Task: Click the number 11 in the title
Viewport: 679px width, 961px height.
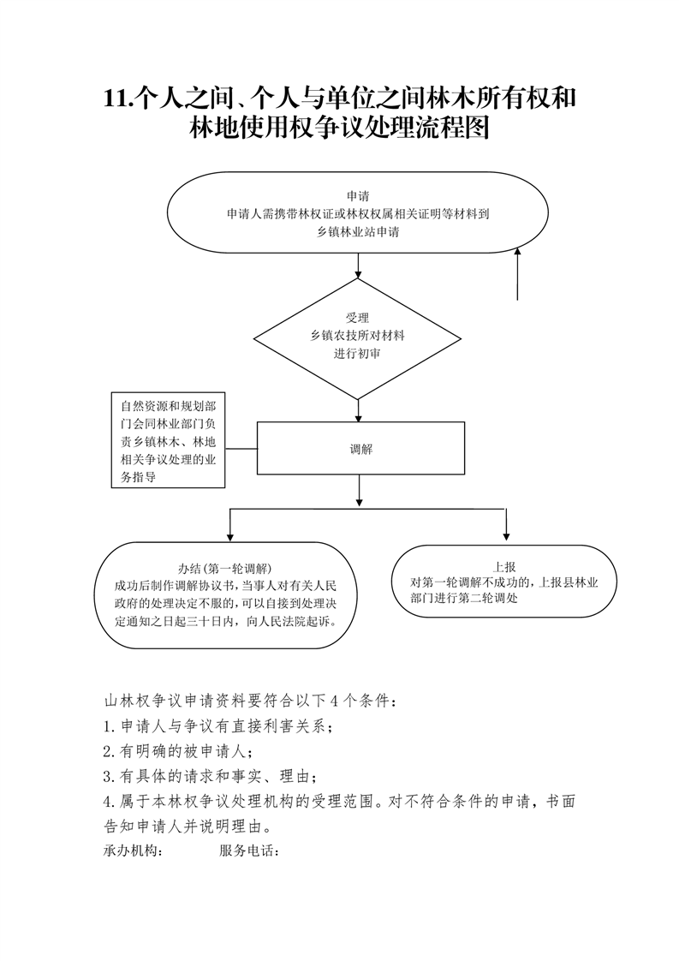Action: pyautogui.click(x=116, y=98)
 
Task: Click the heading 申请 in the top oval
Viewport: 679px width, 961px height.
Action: pyautogui.click(x=358, y=196)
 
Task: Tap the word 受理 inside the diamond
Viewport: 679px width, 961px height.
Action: pyautogui.click(x=357, y=318)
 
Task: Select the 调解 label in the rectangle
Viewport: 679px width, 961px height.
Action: pyautogui.click(x=361, y=449)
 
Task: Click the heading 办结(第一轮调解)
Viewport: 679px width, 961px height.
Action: pyautogui.click(x=224, y=568)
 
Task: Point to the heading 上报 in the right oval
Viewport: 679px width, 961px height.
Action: pyautogui.click(x=504, y=567)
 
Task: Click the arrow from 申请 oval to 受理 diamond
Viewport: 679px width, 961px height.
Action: pyautogui.click(x=358, y=266)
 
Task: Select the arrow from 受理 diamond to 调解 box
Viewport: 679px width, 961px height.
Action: pyautogui.click(x=358, y=411)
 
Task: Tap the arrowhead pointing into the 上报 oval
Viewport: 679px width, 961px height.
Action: pyautogui.click(x=506, y=535)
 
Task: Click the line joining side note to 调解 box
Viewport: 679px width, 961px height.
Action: pyautogui.click(x=241, y=448)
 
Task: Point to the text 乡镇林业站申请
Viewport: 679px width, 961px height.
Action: pyautogui.click(x=358, y=232)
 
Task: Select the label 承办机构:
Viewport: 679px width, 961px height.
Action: pyautogui.click(x=133, y=851)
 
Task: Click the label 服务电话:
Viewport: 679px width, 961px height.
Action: pyautogui.click(x=249, y=851)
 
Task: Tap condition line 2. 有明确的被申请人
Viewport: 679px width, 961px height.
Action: pyautogui.click(x=178, y=751)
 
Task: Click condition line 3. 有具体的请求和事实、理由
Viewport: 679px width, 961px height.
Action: pyautogui.click(x=210, y=777)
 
